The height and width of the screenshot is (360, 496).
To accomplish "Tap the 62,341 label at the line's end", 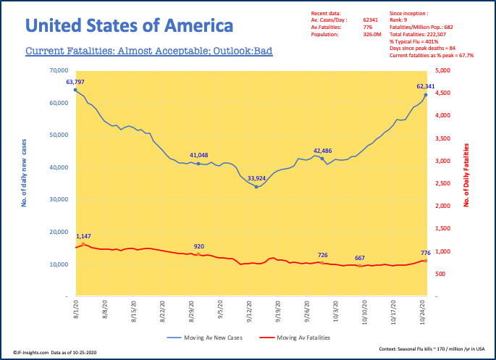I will point(426,86).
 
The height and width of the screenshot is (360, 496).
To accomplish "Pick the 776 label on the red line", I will point(425,253).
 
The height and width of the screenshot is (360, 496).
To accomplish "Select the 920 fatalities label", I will point(198,246).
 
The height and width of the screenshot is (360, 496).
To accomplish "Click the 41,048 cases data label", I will point(199,156).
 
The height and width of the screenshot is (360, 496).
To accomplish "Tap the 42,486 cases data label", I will point(323,151).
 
